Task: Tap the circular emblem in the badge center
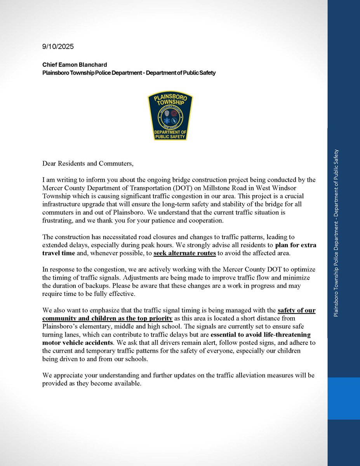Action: coord(170,115)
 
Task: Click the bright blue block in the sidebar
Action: coord(344,397)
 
